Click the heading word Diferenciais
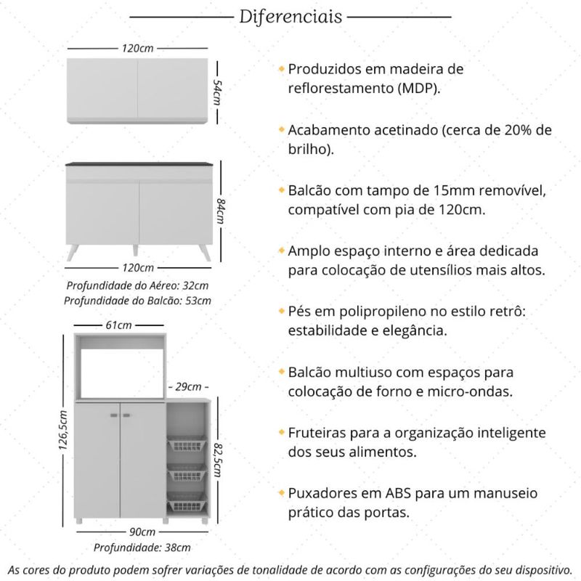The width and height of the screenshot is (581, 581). click(x=290, y=17)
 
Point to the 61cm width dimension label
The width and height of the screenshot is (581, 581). click(x=118, y=325)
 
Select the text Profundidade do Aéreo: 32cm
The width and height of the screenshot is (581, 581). click(x=137, y=285)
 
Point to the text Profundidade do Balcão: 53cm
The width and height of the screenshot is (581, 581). click(x=137, y=300)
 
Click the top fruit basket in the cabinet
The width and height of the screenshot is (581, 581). click(x=187, y=444)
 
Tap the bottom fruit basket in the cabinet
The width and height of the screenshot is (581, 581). click(x=187, y=503)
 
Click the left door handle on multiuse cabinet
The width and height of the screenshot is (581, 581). click(x=113, y=415)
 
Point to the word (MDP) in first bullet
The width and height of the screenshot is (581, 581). click(x=418, y=88)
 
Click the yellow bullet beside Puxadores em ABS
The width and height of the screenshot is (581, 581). click(x=281, y=492)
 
